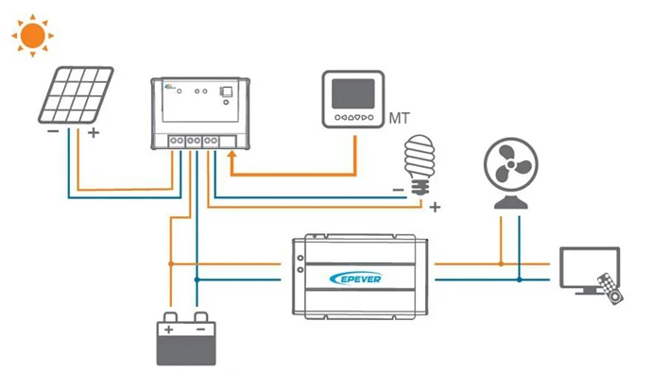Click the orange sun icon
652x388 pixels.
33,35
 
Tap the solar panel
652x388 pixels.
77,94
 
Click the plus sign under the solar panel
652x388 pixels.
94,132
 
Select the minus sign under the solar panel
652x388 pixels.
53,131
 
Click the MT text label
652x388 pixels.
399,118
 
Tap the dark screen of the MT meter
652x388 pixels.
353,94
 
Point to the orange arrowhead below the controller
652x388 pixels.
232,156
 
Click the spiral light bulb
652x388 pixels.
420,165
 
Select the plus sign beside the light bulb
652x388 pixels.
435,207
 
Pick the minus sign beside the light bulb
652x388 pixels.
399,190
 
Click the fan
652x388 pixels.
511,173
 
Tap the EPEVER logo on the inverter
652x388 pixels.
355,278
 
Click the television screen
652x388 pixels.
590,267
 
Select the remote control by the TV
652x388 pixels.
610,289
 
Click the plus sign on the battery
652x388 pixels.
168,329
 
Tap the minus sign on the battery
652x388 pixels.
201,329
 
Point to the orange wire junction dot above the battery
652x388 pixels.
171,263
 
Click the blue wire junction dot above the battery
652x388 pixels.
197,280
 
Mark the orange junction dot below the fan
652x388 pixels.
501,263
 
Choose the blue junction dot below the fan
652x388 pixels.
520,280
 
